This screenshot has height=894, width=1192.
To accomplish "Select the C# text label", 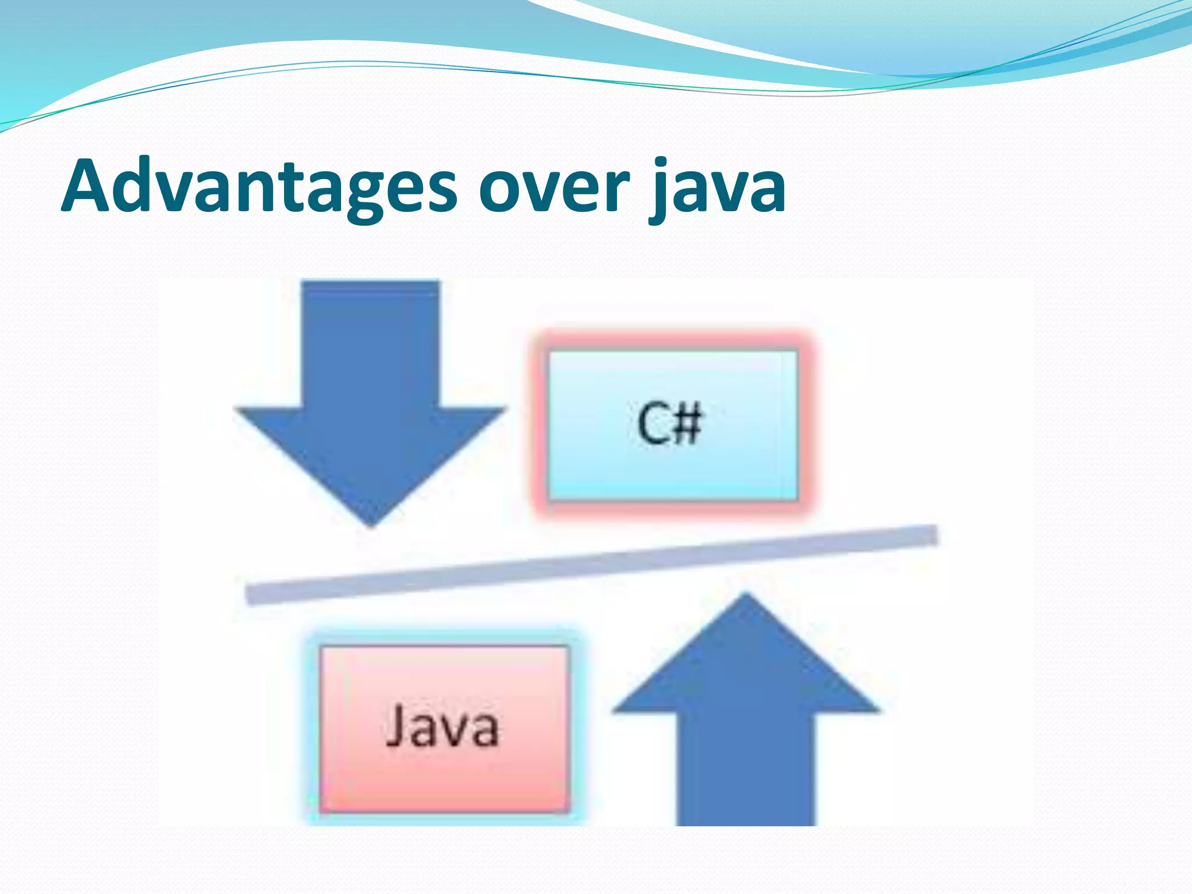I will pos(669,424).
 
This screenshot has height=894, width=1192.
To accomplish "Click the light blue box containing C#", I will pos(672,466).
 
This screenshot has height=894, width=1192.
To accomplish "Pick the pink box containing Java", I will pos(444,774).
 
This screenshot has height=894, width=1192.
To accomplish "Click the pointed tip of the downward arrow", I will pos(371,524).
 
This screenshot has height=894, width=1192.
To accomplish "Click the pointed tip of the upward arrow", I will pos(746,597).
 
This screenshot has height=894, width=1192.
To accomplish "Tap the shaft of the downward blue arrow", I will pos(370,343).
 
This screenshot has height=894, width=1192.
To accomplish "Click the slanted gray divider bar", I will pos(591,565).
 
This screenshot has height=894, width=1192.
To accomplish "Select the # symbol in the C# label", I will pos(687,424).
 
